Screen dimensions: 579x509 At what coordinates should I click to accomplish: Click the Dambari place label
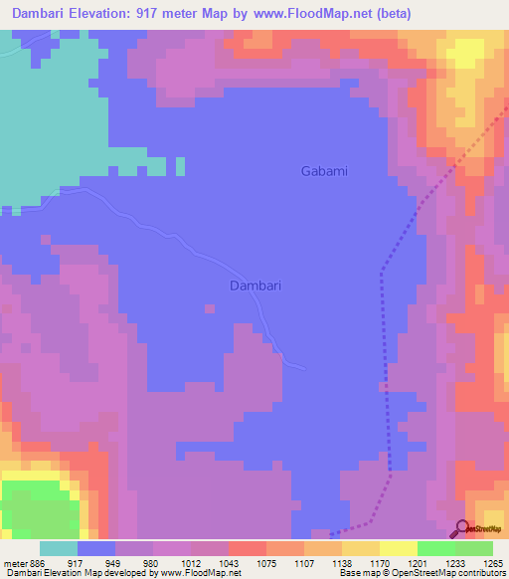tap(255, 286)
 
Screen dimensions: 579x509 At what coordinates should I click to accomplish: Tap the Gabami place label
tap(324, 171)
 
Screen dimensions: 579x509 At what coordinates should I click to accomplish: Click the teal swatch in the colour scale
tap(59, 548)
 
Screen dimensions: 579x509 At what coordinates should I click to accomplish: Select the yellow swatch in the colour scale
tap(399, 548)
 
